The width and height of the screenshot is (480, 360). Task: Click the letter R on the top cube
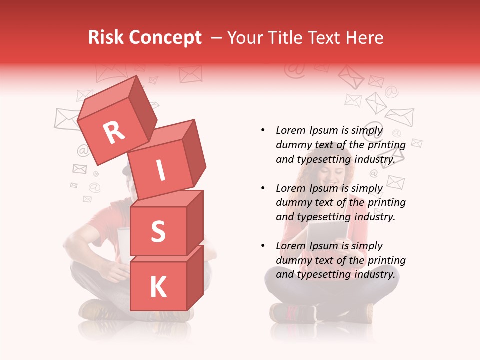(x=114, y=133)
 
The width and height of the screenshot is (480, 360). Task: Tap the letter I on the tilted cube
(x=160, y=171)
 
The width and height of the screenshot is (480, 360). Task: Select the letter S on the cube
(x=158, y=231)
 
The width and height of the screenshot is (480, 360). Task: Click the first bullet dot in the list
(x=263, y=131)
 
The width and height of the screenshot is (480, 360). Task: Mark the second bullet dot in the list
(x=263, y=188)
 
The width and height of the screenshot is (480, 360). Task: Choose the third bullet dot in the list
(x=263, y=246)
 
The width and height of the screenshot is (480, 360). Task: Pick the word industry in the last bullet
(x=374, y=274)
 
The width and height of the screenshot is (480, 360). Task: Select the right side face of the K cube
(x=195, y=277)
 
